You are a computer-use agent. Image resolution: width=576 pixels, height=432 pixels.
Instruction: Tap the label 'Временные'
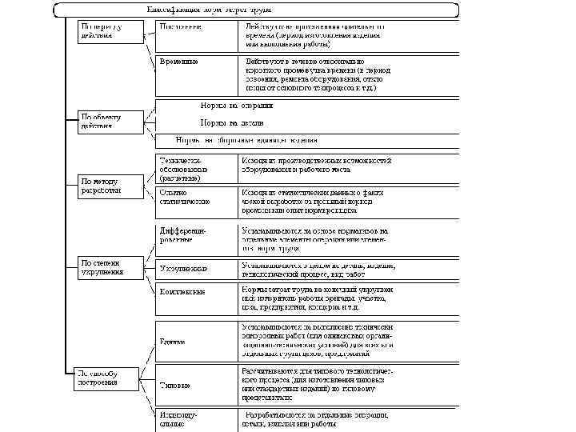[x=179, y=61]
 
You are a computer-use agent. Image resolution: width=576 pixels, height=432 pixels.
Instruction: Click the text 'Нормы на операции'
[x=236, y=105]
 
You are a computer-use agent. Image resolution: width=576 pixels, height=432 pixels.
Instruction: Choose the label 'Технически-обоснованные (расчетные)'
[x=184, y=169]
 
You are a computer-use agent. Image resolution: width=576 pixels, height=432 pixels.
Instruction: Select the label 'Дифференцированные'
[x=184, y=234]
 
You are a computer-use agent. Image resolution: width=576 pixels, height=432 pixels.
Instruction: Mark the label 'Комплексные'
[x=183, y=292]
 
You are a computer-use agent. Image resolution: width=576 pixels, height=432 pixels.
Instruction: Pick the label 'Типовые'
[x=175, y=386]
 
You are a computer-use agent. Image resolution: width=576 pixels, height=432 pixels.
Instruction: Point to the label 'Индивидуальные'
[x=180, y=419]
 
